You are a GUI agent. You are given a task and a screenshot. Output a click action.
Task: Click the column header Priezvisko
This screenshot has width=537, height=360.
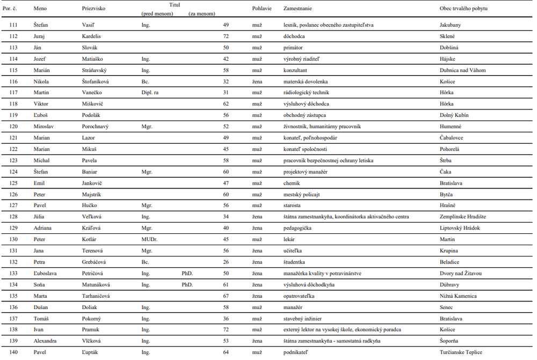94,9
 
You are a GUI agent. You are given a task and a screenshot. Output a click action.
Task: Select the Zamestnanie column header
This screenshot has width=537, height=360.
297,9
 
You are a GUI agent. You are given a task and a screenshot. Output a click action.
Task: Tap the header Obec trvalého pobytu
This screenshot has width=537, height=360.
463,9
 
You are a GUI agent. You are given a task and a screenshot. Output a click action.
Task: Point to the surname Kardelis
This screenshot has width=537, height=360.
92,36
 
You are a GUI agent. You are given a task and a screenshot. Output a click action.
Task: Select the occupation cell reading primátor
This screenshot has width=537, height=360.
293,48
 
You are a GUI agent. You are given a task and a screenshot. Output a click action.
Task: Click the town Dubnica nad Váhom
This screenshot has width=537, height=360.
463,70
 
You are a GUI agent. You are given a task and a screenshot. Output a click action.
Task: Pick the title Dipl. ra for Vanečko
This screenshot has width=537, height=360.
150,93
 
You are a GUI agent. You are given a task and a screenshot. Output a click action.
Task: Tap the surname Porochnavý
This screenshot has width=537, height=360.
96,127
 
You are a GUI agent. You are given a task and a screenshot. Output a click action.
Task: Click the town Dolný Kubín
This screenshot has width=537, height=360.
454,115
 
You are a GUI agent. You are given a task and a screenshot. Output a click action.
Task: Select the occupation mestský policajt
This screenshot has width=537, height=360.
301,194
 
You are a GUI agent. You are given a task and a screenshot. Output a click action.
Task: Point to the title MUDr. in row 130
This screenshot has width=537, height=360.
149,239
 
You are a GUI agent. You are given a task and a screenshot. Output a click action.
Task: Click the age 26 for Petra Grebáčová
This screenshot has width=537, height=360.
226,262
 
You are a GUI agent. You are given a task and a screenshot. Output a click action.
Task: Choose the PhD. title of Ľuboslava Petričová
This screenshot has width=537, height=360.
187,273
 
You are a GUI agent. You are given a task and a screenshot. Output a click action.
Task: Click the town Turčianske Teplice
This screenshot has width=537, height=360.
461,352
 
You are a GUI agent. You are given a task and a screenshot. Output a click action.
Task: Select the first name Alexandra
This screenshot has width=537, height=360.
46,341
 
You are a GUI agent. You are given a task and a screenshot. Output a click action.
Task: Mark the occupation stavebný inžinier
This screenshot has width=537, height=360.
302,318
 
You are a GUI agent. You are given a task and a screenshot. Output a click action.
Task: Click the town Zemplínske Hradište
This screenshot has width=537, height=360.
462,217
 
